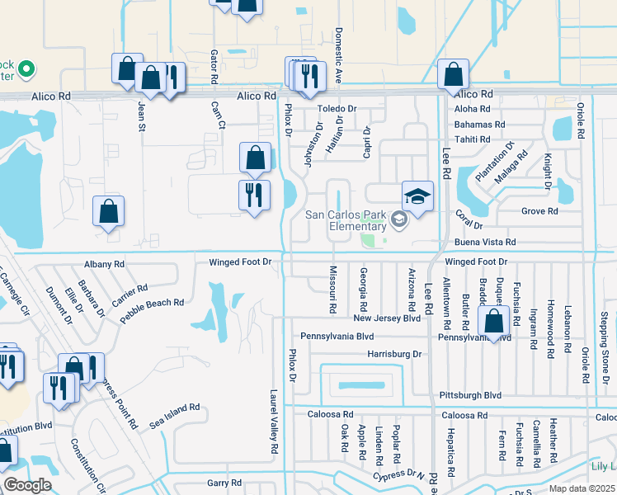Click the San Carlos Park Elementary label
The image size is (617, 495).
pos(346,220)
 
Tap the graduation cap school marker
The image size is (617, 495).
pos(417,196)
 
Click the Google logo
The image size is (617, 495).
pos(27,485)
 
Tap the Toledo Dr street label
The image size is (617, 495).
pos(338,109)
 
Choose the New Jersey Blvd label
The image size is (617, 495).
pos(387,318)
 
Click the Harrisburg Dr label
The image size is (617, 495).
pos(394,354)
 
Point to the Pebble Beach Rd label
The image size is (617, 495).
pos(155,304)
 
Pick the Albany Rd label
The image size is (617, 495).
pos(103,264)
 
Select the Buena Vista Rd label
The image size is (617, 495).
pos(485,243)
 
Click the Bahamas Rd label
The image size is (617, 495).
pos(479,125)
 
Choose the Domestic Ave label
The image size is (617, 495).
pos(338,48)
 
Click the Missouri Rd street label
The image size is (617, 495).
pos(333,289)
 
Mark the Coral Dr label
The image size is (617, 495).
pos(469,213)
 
